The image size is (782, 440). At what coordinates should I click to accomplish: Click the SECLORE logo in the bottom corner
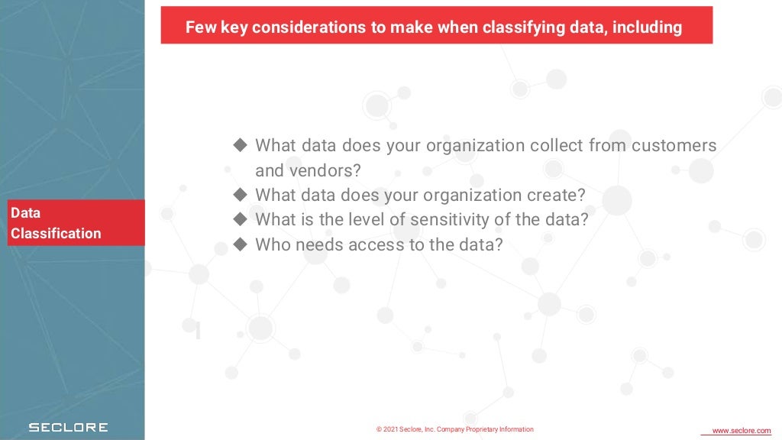68,428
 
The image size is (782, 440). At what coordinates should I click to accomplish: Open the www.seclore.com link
741,431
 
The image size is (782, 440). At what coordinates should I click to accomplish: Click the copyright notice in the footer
455,429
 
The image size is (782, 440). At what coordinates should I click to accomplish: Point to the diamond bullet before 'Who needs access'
241,244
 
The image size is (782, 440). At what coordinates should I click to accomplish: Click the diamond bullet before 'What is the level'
241,219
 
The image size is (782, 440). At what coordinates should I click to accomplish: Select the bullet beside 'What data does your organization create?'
241,194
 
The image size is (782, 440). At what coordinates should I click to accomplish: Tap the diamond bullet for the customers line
241,144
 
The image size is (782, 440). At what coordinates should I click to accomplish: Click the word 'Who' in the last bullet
270,244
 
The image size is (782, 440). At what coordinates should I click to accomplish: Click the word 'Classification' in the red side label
56,233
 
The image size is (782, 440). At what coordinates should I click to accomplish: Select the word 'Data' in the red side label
25,213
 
